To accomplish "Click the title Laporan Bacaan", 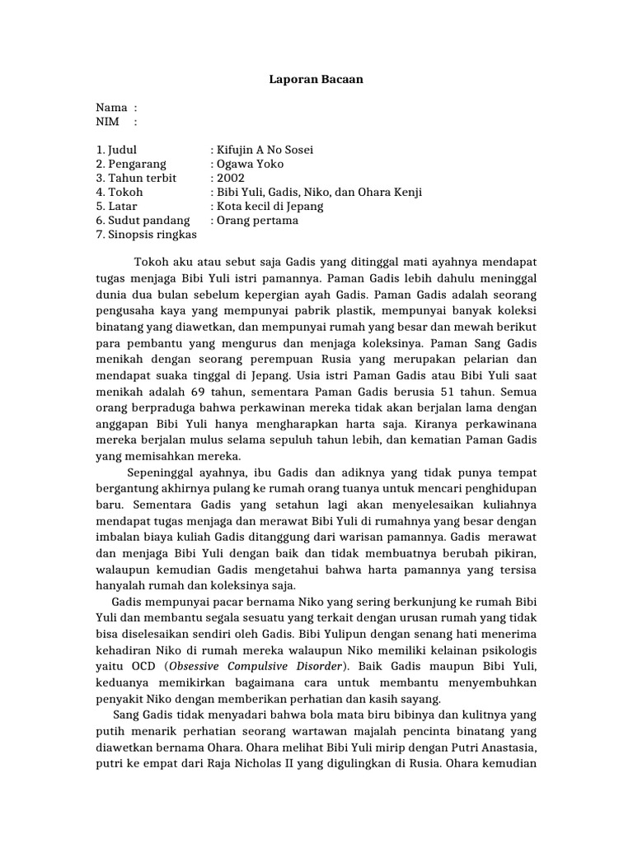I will point(316,80).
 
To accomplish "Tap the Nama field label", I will point(111,108).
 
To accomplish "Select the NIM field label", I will point(108,122).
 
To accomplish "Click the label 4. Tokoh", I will point(120,192).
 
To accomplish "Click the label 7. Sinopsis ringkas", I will point(147,234).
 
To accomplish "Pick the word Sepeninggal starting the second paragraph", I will point(165,472).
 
